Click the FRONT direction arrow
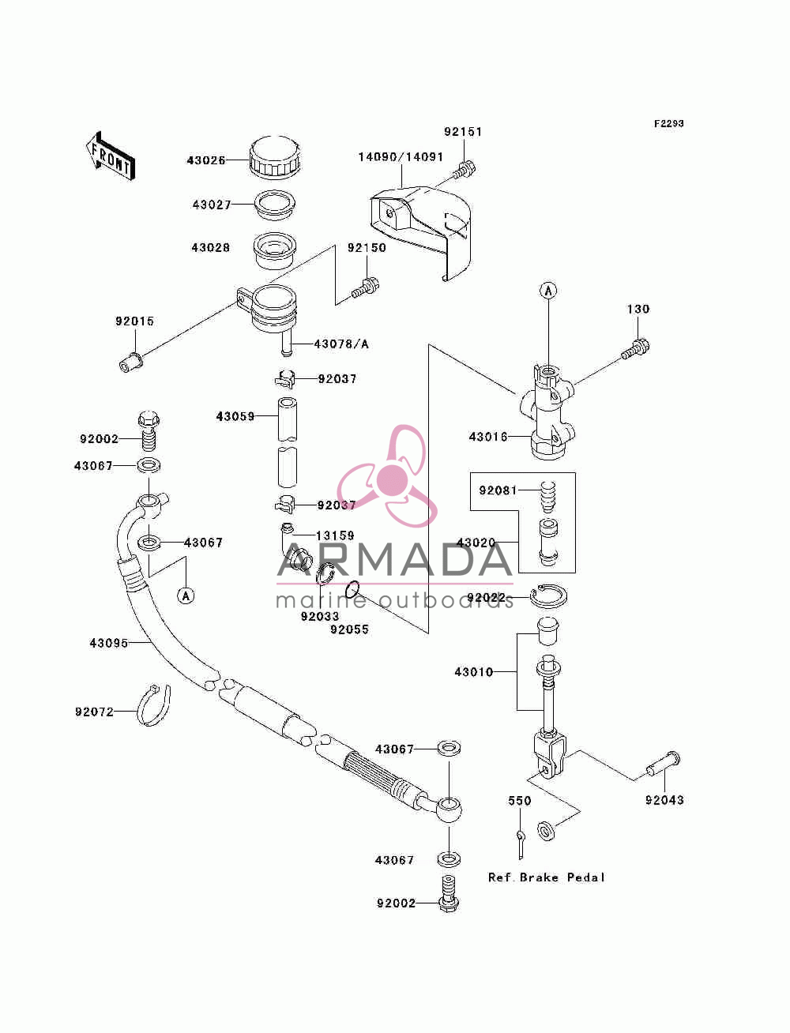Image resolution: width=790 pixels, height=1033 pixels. tap(111, 156)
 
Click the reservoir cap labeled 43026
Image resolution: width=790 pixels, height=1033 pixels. tap(274, 157)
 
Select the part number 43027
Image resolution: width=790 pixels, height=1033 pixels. tap(212, 205)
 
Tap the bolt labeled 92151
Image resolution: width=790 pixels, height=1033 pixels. tap(465, 170)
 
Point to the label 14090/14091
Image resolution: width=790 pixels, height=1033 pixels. tap(401, 156)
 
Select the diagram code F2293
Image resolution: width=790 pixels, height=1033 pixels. tap(668, 123)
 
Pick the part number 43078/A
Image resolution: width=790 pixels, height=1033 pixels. tap(341, 344)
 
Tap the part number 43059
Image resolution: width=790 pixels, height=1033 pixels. tap(235, 416)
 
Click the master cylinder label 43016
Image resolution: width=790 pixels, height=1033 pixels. tap(488, 437)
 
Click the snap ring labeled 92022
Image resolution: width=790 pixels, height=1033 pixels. tap(548, 596)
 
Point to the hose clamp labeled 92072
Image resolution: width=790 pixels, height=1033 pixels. tap(153, 705)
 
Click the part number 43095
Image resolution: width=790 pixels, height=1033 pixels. tap(109, 643)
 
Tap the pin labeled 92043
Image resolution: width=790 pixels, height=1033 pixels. tap(662, 764)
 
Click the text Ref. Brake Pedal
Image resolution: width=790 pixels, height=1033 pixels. tap(546, 877)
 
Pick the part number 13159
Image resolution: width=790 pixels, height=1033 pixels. tap(335, 535)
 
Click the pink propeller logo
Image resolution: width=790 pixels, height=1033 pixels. tap(387, 475)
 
